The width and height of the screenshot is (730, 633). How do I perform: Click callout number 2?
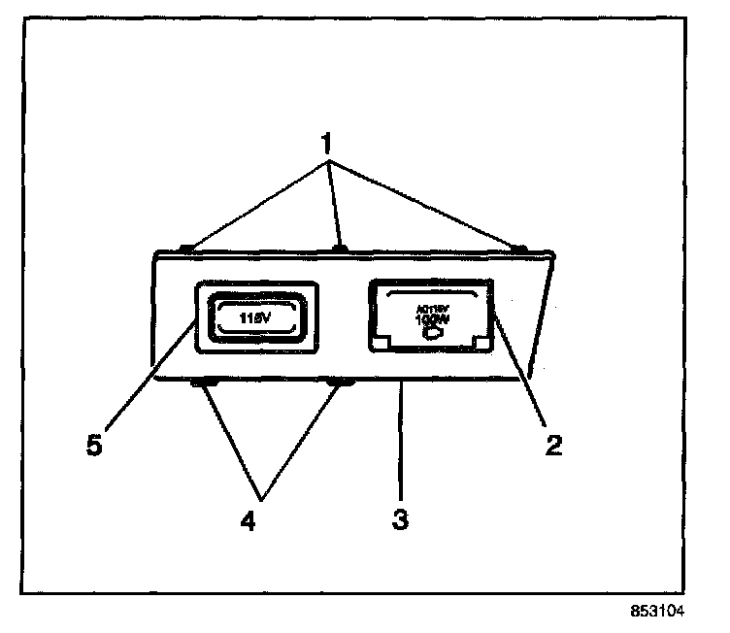552,447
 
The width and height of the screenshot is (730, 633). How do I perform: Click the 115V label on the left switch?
255,316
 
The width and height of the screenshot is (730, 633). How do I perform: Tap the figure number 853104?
655,613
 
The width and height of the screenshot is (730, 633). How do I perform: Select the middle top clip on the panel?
340,250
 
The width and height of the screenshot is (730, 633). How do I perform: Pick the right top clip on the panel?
519,250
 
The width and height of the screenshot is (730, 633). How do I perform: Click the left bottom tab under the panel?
203,383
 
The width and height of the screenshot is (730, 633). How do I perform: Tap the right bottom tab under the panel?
341,383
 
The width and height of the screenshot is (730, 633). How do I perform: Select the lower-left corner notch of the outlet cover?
382,343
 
